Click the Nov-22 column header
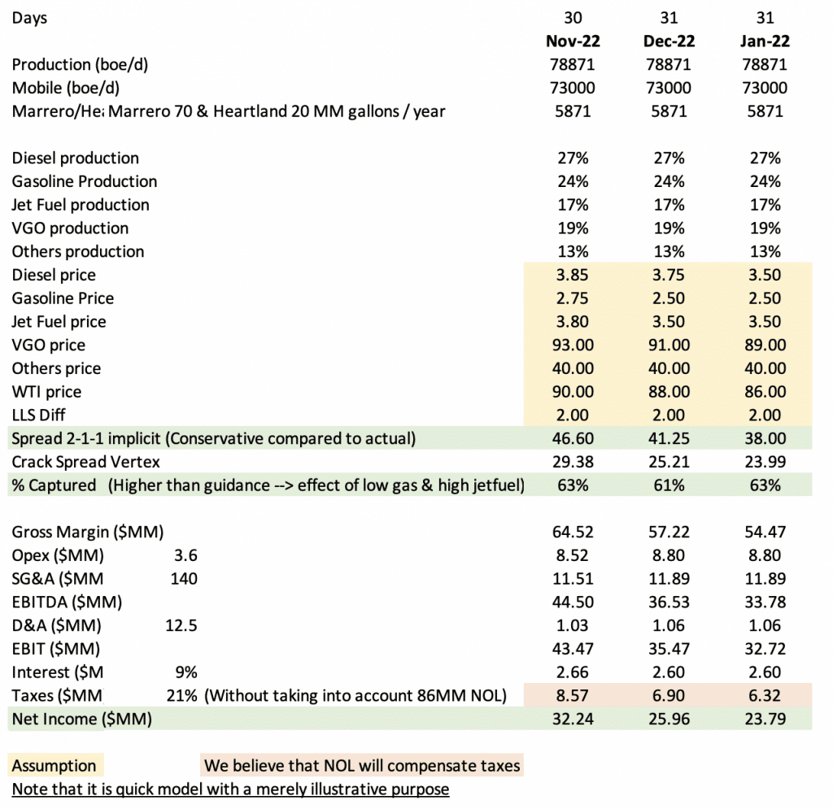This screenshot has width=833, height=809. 573,41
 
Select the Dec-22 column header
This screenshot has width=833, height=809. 669,41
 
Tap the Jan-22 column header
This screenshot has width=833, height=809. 765,41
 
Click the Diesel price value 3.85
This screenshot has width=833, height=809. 573,275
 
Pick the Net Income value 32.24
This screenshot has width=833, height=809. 573,718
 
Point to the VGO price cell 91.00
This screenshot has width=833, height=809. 669,345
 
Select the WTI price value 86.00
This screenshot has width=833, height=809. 765,391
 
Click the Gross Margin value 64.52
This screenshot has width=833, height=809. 573,532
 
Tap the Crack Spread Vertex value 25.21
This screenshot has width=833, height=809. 669,461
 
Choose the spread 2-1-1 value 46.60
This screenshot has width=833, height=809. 573,438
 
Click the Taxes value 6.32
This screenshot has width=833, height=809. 765,695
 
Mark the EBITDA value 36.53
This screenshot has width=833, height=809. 669,602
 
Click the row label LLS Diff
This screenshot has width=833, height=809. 39,415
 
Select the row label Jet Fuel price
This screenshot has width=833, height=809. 59,321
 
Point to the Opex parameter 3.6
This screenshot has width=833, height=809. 185,555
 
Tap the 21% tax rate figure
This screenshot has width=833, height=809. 181,695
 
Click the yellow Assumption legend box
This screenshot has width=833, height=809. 55,765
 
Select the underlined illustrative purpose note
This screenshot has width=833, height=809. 230,789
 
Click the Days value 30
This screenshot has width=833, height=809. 573,18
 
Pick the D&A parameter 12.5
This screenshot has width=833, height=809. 181,624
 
